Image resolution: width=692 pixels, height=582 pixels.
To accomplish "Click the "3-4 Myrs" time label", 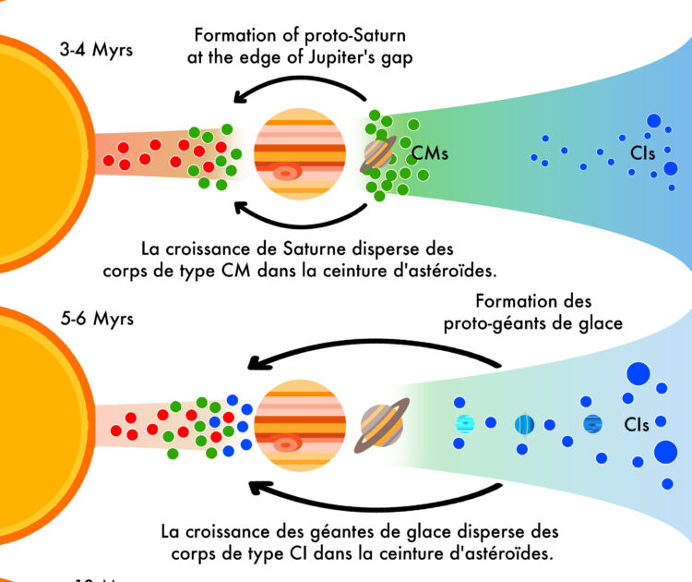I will point(97,49).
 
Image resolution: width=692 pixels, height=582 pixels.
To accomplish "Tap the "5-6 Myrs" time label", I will point(97,319).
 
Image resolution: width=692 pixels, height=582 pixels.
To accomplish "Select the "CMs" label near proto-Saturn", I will point(430,153).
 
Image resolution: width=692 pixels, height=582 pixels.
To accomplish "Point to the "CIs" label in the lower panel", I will point(636,425).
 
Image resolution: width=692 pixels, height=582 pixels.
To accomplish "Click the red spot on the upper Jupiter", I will point(286,172).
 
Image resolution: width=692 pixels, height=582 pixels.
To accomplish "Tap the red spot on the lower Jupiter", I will point(285,444).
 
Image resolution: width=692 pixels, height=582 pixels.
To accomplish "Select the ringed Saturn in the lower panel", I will point(381,426).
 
